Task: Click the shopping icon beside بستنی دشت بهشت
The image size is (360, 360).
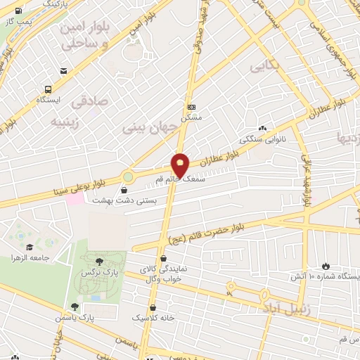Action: tap(124, 190)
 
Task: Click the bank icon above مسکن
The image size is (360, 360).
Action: tap(191, 107)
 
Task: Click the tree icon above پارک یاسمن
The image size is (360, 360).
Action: tap(75, 306)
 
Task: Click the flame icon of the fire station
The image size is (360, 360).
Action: tap(326, 265)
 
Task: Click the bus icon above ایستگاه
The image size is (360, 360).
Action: tap(48, 89)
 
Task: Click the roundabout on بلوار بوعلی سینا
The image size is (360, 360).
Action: tap(127, 176)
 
